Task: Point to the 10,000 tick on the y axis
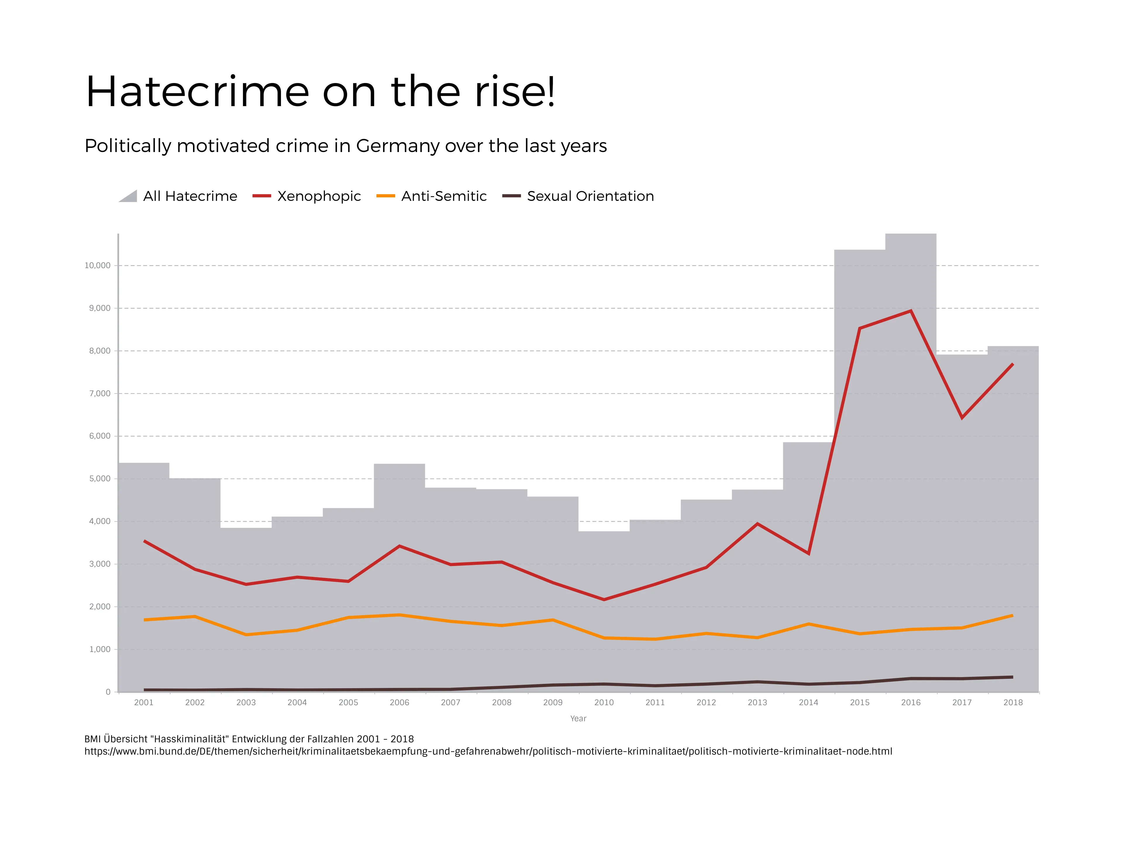pos(97,265)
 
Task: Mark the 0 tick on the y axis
pos(108,692)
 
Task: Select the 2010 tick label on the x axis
pos(604,703)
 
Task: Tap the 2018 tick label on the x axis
pos(1013,703)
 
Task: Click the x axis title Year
pos(578,718)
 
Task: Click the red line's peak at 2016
pos(911,311)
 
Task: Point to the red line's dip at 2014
pos(808,553)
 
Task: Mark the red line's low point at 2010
pos(604,599)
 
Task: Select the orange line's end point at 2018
pos(1012,616)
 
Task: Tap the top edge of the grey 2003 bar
pos(246,528)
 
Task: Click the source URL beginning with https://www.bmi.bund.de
pos(488,751)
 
